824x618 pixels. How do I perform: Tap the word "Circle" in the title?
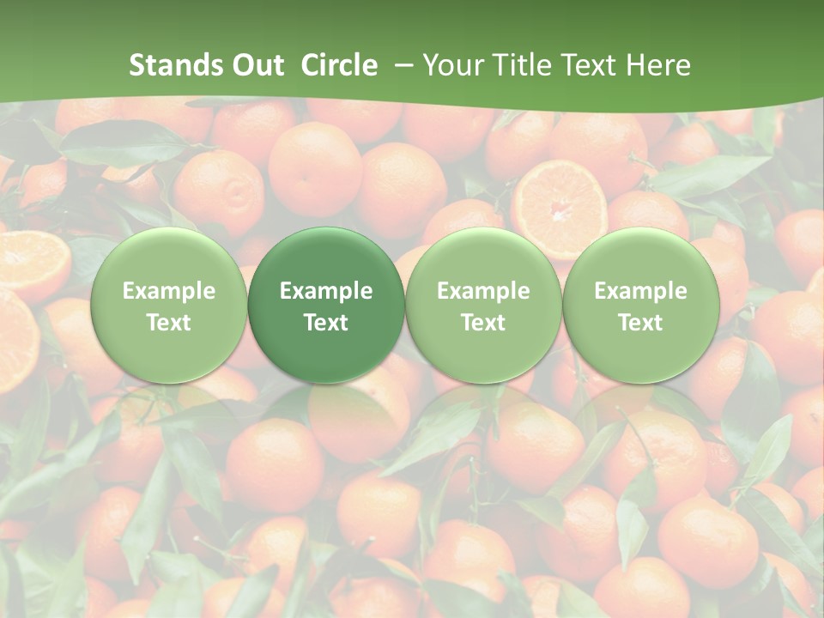tap(339, 65)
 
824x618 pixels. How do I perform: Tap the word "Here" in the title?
tap(661, 65)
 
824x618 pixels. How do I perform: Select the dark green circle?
tap(326, 306)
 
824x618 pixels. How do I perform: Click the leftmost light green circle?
tap(169, 306)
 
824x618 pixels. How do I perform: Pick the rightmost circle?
tap(641, 306)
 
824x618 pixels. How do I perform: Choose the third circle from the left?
tap(483, 306)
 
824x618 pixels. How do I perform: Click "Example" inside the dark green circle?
tap(326, 291)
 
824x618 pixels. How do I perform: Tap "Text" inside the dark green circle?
tap(326, 323)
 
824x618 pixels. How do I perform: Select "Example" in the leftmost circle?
tap(169, 291)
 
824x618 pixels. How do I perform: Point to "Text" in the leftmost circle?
tap(169, 323)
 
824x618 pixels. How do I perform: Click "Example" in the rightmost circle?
tap(641, 291)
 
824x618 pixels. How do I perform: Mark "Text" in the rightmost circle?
tap(641, 323)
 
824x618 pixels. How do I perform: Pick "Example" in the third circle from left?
tap(483, 291)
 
